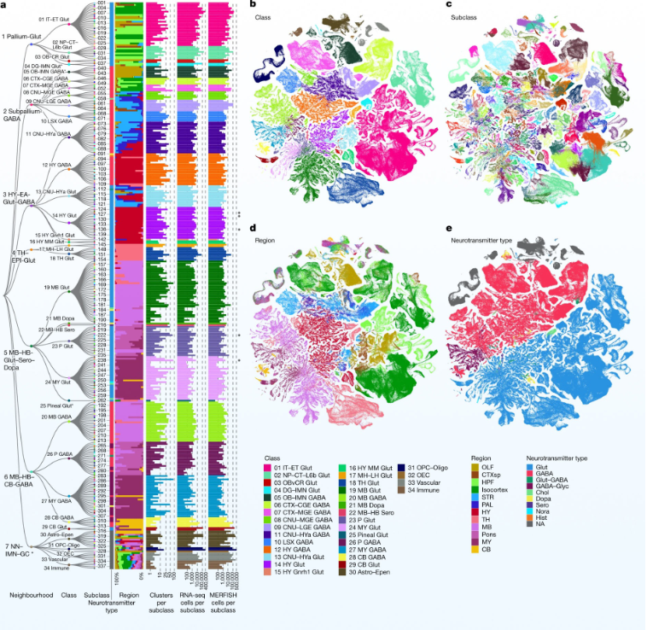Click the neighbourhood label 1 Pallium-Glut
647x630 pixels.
tap(22, 37)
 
